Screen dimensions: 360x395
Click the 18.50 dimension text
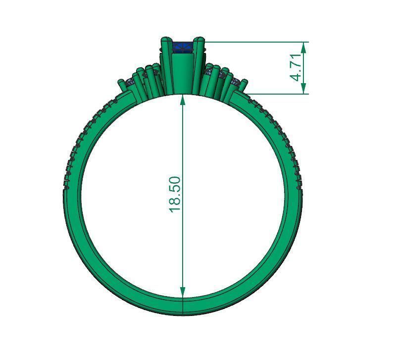click(176, 194)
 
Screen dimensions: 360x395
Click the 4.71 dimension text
click(296, 68)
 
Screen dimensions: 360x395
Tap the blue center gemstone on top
click(182, 48)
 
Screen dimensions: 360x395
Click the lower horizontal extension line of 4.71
click(277, 93)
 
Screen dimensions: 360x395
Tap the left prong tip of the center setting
click(164, 40)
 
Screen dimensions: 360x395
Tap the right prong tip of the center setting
click(199, 40)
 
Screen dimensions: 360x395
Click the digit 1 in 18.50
click(176, 208)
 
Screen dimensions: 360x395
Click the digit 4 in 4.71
click(296, 77)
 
